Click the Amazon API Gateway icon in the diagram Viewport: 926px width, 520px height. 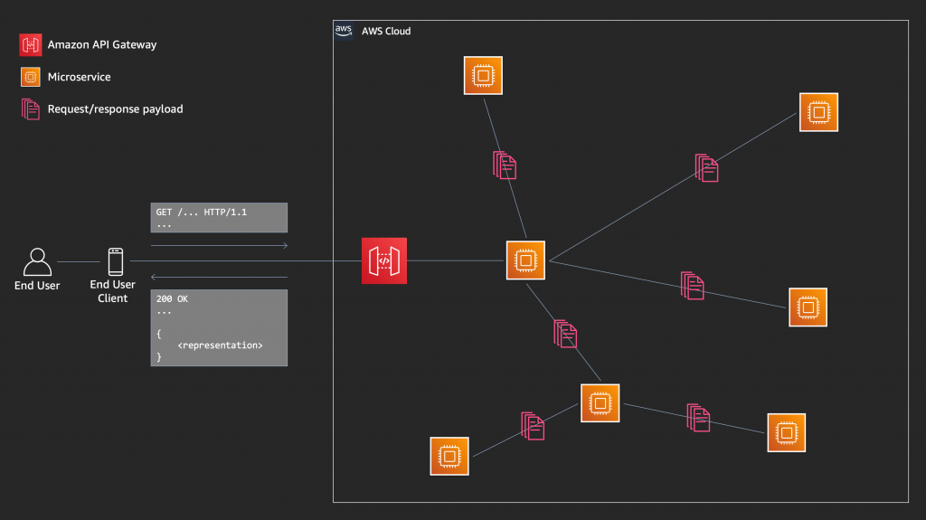pyautogui.click(x=384, y=260)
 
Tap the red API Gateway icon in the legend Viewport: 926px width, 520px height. pyautogui.click(x=31, y=44)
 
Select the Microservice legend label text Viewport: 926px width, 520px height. pyautogui.click(x=79, y=78)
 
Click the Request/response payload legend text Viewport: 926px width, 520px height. pyautogui.click(x=115, y=109)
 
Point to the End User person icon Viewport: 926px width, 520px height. pyautogui.click(x=37, y=261)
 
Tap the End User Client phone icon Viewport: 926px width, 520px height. pyautogui.click(x=115, y=261)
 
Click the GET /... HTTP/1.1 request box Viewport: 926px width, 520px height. pyautogui.click(x=219, y=217)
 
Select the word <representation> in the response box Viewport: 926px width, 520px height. pyautogui.click(x=221, y=345)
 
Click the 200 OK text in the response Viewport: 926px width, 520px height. pyautogui.click(x=172, y=298)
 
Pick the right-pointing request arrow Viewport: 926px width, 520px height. pyautogui.click(x=219, y=245)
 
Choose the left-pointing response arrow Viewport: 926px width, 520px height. pyautogui.click(x=219, y=277)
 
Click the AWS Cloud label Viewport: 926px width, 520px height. pyautogui.click(x=386, y=32)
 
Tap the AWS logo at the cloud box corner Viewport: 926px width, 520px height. pyautogui.click(x=344, y=31)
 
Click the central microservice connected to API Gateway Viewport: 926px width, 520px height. pyautogui.click(x=524, y=260)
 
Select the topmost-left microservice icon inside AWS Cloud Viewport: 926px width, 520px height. pyautogui.click(x=483, y=76)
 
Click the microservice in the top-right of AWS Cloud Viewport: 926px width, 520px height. pyautogui.click(x=818, y=112)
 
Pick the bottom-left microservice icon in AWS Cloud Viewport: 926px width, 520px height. pyautogui.click(x=449, y=455)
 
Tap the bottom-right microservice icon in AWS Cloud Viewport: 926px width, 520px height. pyautogui.click(x=786, y=432)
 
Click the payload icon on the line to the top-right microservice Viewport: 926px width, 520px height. pyautogui.click(x=707, y=168)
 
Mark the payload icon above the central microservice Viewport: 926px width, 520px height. pyautogui.click(x=505, y=165)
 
